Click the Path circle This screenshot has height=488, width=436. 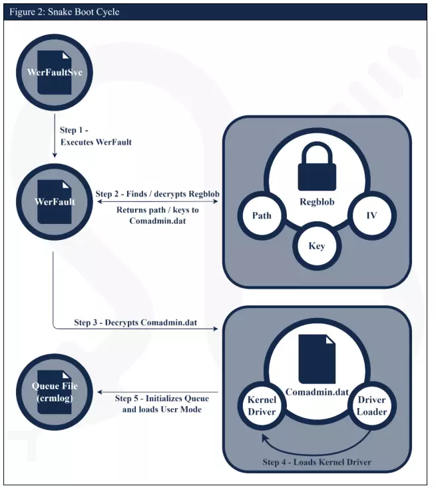[262, 215]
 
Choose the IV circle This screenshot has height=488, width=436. [372, 215]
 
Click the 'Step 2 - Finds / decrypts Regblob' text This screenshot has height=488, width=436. [157, 194]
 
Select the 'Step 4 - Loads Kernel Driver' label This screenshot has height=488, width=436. [317, 462]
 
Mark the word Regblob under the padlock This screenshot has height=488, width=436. [317, 202]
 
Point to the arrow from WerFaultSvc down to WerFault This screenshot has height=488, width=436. [54, 137]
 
